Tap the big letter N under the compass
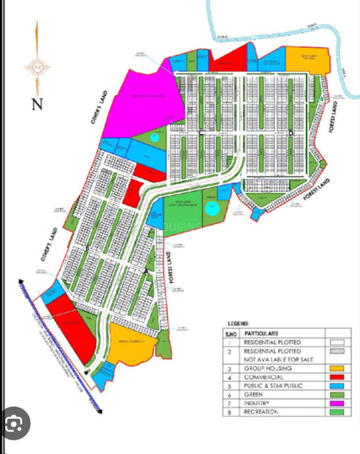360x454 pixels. tap(36, 104)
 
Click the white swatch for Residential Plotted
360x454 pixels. tap(336, 344)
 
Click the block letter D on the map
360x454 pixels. tap(290, 133)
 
